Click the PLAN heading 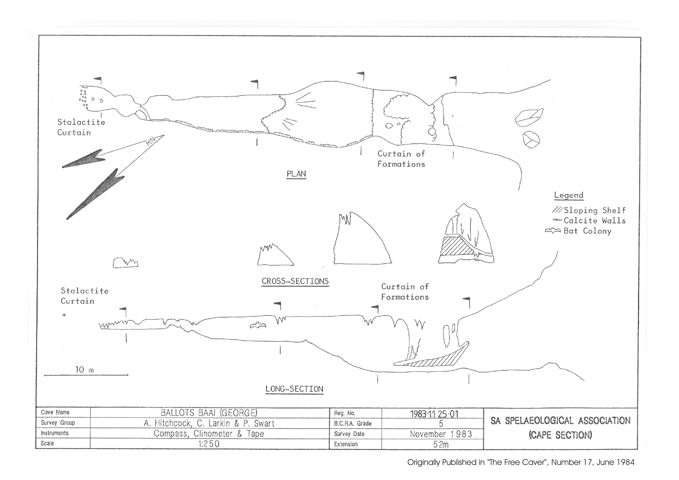(x=296, y=174)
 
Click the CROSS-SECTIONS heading (x=295, y=281)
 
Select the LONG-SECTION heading (x=294, y=389)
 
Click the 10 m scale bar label (x=84, y=370)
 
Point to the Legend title (x=568, y=195)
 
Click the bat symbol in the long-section (x=257, y=326)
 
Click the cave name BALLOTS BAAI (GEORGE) (x=209, y=413)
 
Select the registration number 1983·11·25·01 (x=434, y=414)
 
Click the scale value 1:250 (x=209, y=444)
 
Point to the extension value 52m (x=441, y=444)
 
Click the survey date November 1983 (x=441, y=434)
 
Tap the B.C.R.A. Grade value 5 (x=441, y=424)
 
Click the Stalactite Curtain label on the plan (x=81, y=128)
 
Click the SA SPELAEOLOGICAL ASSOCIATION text (x=560, y=421)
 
